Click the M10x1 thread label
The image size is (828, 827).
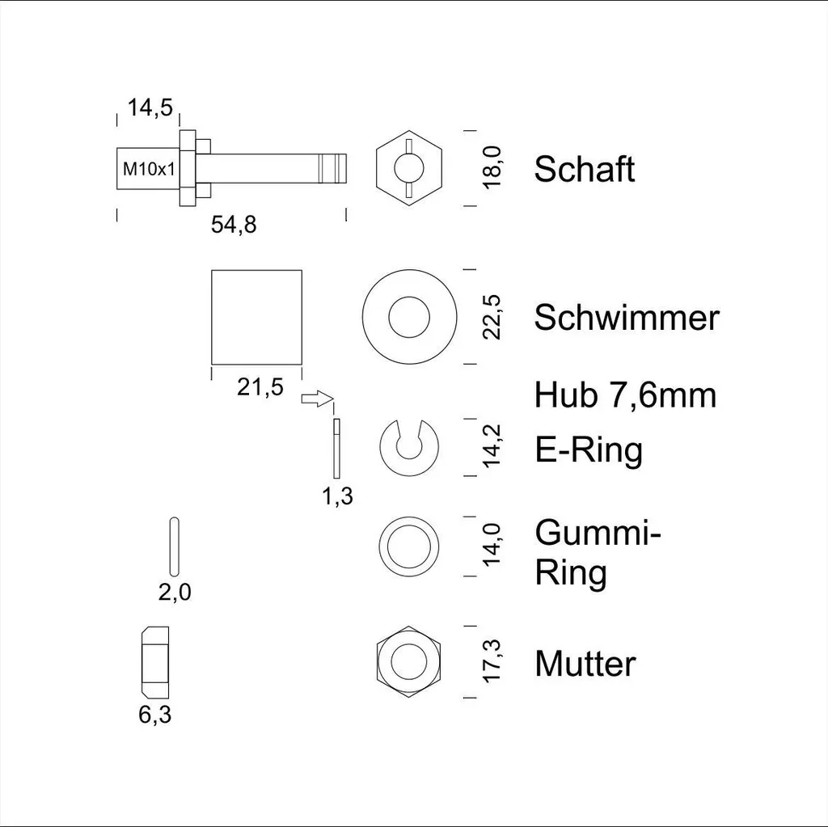149,169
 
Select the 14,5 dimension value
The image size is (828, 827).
150,108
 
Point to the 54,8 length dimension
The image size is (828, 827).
234,225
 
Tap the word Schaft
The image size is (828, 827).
584,169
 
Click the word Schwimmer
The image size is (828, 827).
627,318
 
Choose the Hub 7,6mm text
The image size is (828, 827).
625,395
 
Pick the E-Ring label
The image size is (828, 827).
589,450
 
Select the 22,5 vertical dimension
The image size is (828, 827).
492,317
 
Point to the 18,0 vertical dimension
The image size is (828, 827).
492,167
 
